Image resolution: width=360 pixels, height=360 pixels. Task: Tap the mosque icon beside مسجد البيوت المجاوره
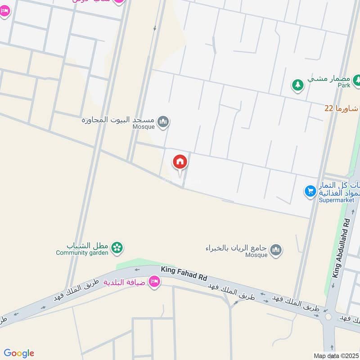[164, 121]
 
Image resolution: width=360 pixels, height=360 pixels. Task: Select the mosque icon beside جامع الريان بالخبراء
[276, 249]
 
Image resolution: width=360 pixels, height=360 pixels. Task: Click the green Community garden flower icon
[117, 247]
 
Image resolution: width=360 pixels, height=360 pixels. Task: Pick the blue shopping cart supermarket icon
[310, 192]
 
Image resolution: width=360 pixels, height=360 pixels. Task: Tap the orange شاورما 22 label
[342, 109]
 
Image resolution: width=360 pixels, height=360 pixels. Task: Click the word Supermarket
[337, 200]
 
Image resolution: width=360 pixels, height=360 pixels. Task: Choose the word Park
[344, 85]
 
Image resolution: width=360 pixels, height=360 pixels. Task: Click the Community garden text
[82, 253]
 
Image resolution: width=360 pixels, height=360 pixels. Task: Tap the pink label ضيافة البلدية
[126, 283]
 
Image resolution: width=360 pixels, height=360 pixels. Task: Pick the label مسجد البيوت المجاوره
[118, 120]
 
